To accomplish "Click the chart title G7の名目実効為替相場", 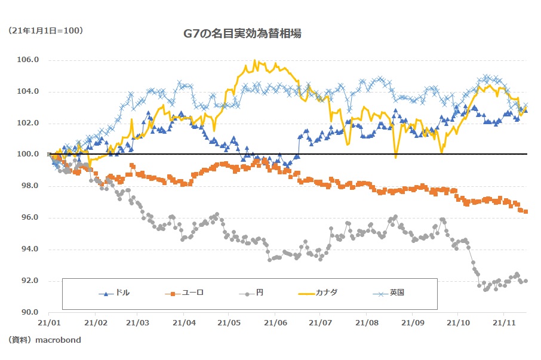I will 242,34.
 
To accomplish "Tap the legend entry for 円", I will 259,293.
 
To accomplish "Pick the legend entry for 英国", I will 397,293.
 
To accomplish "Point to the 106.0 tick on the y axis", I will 29,60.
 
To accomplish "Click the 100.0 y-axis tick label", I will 29,155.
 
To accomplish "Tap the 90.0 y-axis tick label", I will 29,312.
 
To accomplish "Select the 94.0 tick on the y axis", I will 29,249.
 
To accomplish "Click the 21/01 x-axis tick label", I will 48,322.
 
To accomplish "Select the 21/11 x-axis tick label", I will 503,322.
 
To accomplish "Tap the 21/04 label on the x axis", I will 184,322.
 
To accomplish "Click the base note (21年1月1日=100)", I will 45,30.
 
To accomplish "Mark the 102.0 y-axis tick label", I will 29,123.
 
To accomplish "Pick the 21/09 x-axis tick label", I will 412,322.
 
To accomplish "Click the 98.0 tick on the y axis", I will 29,186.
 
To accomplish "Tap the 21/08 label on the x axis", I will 366,322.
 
